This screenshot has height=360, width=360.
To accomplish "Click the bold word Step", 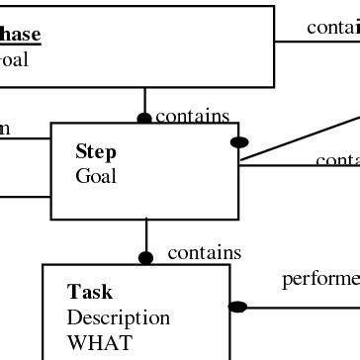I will click(x=96, y=152).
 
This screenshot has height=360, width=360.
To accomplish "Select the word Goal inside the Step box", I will click(x=96, y=177).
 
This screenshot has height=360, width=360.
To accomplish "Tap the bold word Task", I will click(x=90, y=293).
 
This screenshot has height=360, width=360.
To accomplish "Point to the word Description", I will click(x=118, y=318).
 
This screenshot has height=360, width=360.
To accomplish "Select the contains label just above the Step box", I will click(x=192, y=117).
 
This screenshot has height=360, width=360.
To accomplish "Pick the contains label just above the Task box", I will click(x=204, y=253).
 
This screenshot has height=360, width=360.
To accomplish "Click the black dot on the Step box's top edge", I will click(x=144, y=119).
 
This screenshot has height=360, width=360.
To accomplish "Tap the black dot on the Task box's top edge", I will click(x=146, y=258).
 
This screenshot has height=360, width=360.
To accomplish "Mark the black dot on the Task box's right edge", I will click(x=237, y=307).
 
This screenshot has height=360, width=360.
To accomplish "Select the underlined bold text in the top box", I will click(x=20, y=35).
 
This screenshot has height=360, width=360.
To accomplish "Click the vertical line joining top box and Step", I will click(x=145, y=101).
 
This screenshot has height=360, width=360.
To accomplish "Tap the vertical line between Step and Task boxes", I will click(x=146, y=235).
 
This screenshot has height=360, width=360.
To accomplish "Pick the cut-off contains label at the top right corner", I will click(x=332, y=28).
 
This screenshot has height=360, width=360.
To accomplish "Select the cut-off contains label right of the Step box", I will click(x=337, y=160).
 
